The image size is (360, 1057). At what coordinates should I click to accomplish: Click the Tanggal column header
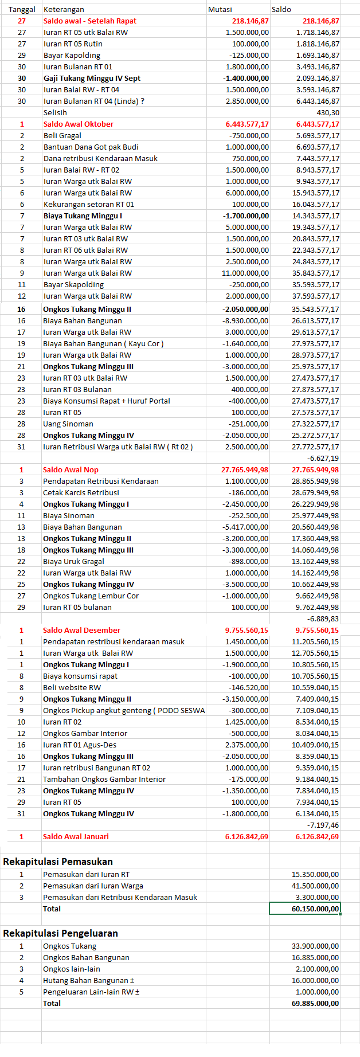tap(22, 9)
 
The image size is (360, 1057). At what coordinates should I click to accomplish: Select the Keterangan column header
tap(64, 9)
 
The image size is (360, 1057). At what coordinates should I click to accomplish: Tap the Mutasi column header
tap(220, 9)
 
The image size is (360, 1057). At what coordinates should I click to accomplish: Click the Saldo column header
tap(281, 9)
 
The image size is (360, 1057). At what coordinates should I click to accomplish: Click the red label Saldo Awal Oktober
tap(79, 124)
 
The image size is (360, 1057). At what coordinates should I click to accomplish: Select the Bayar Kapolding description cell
tap(72, 55)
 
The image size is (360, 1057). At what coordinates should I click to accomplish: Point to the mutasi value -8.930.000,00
tap(245, 320)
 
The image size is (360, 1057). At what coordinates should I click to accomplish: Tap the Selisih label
tap(55, 112)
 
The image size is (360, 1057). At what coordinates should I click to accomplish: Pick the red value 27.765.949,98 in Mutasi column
tap(244, 469)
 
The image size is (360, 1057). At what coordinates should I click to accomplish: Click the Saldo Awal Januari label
tap(76, 836)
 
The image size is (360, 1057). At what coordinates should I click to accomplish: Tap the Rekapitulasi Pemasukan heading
tap(58, 862)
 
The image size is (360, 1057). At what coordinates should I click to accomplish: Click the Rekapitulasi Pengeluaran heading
tap(60, 933)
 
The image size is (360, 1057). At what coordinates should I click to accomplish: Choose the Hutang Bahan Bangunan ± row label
tap(88, 980)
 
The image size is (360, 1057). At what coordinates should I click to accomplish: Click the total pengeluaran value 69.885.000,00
tap(315, 1003)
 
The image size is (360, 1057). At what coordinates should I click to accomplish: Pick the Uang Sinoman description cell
tap(68, 424)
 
